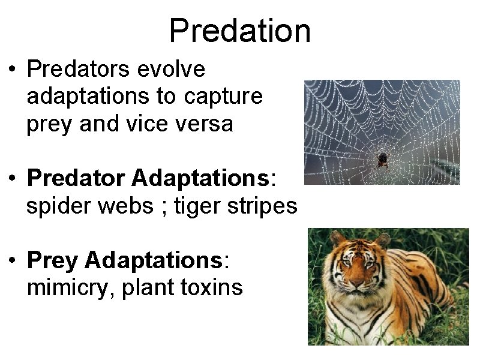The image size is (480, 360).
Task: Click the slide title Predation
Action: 240,31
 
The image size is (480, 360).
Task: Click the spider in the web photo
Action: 382,160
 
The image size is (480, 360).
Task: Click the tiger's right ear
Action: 337,239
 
